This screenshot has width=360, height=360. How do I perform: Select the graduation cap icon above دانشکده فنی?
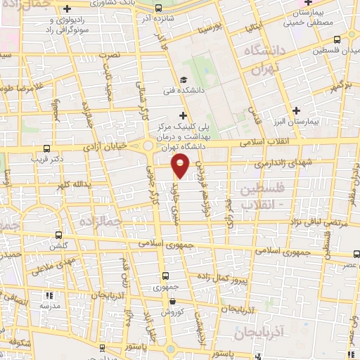tap(184, 80)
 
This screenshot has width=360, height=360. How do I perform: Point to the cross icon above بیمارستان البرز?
tap(297, 110)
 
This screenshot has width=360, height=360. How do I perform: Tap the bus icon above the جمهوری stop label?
tap(165, 276)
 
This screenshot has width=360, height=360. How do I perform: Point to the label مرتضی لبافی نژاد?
tap(304, 222)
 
